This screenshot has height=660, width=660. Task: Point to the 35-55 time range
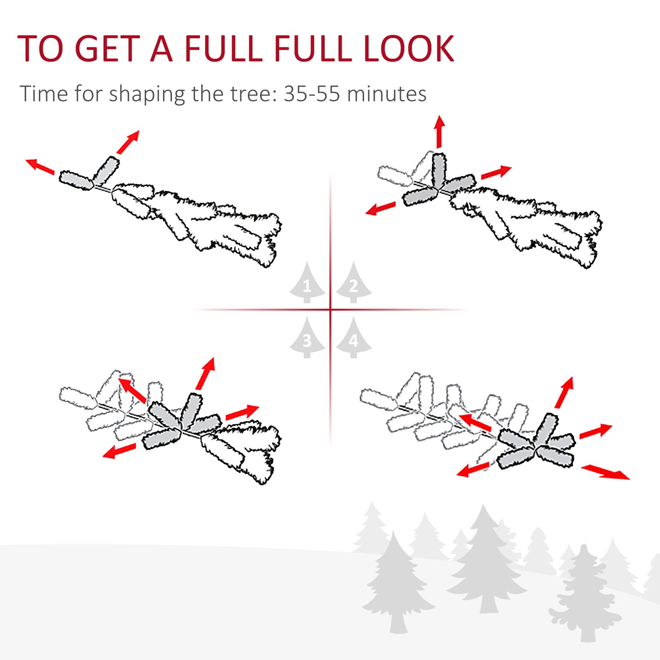[x=312, y=94]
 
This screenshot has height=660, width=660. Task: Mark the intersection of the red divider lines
[x=330, y=310]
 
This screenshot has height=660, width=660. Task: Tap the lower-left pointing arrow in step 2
[x=380, y=209]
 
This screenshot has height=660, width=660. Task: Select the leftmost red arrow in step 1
[x=40, y=166]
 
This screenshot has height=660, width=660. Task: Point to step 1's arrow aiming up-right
[x=128, y=142]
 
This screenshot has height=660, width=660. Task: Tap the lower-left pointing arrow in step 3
[x=119, y=451]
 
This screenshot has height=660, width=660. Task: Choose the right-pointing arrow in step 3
[x=242, y=412]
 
